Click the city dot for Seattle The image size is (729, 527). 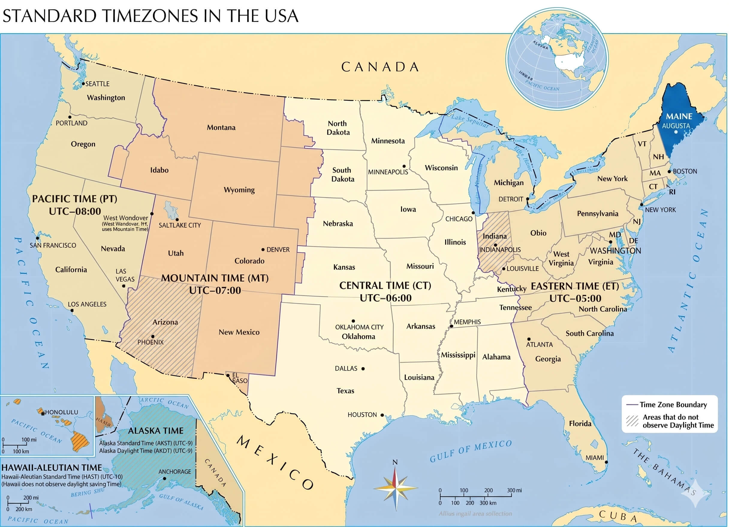point(83,84)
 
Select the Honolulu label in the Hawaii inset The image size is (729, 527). point(61,412)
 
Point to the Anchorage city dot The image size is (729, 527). point(165,478)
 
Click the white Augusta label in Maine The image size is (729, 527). point(676,126)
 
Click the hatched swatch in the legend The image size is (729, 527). point(632,421)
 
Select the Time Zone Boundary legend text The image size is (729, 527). point(673,404)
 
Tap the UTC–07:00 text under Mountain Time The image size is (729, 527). point(215,290)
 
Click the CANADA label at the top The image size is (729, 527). point(380,67)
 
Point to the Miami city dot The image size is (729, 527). point(606,462)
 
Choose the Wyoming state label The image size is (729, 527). point(239,190)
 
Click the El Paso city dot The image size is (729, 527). point(228,375)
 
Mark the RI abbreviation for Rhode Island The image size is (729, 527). point(672,192)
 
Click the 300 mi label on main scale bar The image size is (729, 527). point(514,490)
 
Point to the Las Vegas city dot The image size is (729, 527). point(123,286)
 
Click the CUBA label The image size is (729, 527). point(618,516)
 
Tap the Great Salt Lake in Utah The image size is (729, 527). point(170,210)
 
